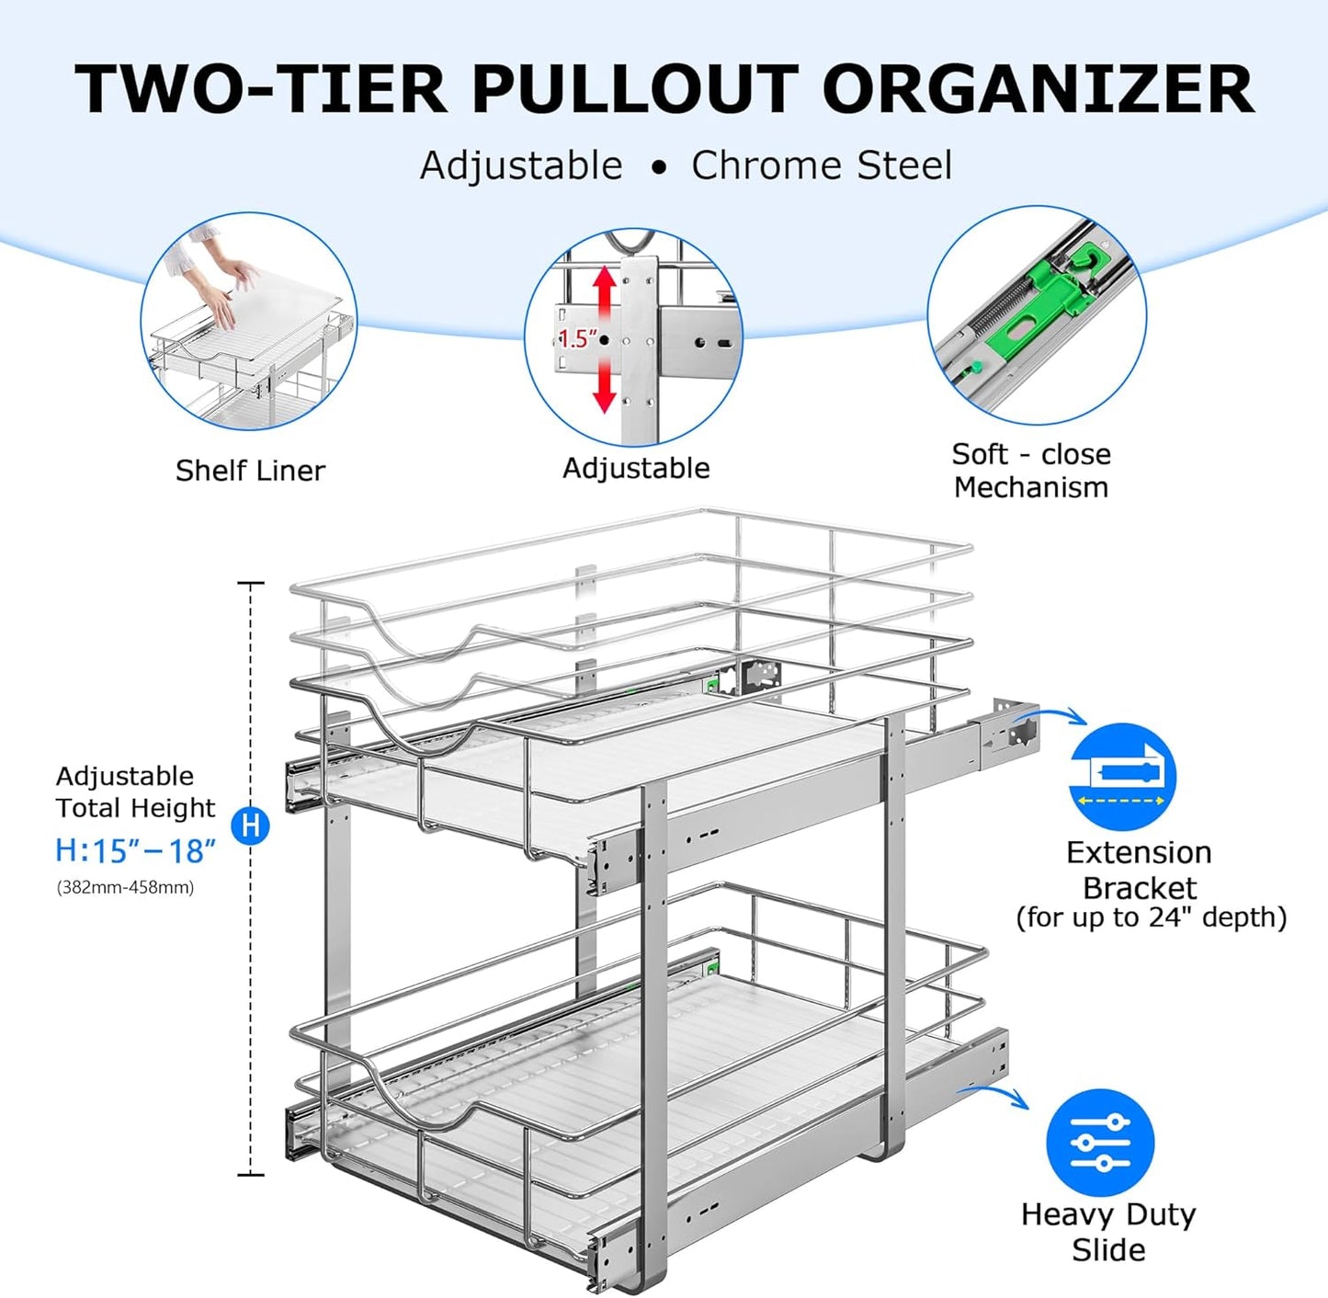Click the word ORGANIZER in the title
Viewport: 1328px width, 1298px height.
click(x=1038, y=89)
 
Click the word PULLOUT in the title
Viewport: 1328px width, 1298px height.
click(x=634, y=89)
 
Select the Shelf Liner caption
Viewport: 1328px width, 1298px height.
click(x=250, y=471)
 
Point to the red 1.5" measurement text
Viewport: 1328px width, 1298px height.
click(x=577, y=338)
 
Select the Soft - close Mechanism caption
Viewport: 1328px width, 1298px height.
click(x=1030, y=471)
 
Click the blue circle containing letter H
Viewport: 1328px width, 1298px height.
click(x=250, y=825)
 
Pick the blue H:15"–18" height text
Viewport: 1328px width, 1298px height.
click(x=135, y=850)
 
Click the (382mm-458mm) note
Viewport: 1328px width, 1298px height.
click(x=125, y=888)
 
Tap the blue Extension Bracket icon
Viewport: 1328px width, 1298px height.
click(x=1122, y=778)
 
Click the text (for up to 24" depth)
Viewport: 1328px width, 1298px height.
click(x=1151, y=917)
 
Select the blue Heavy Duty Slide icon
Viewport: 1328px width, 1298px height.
click(x=1100, y=1143)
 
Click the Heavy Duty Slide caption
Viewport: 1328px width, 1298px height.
click(x=1107, y=1232)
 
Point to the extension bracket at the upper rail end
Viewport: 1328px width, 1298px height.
click(x=1010, y=732)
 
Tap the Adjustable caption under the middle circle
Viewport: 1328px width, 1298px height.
click(x=636, y=468)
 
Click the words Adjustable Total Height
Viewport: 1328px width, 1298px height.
click(x=134, y=791)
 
